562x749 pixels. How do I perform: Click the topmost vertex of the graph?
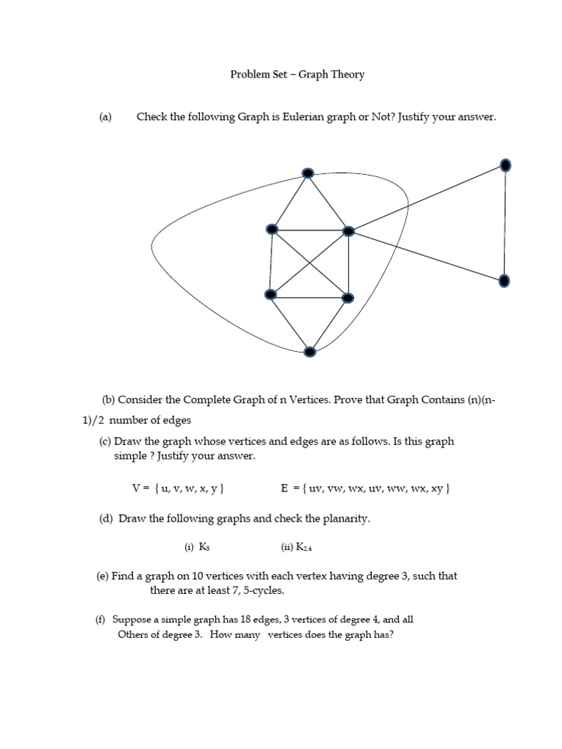tap(308, 173)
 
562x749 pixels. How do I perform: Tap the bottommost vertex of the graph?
tap(310, 352)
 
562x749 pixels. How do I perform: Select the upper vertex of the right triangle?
tap(505, 165)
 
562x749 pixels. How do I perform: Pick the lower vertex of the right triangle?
tap(504, 280)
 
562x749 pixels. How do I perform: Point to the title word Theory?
tap(347, 74)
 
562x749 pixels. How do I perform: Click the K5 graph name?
tap(204, 547)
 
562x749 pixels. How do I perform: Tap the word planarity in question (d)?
tap(345, 519)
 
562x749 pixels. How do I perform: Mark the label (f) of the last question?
tap(101, 620)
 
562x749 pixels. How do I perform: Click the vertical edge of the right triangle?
tap(505, 223)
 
